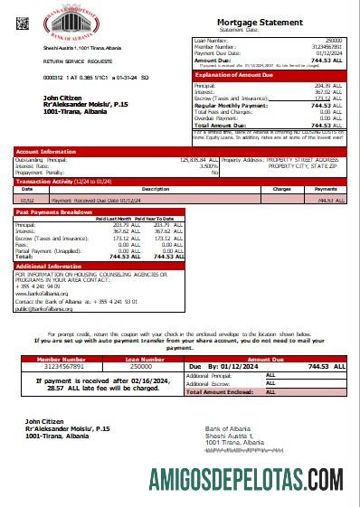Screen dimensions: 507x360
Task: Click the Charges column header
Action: (x=282, y=190)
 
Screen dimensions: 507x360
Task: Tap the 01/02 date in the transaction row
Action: (x=27, y=200)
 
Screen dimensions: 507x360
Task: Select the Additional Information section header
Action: (x=49, y=267)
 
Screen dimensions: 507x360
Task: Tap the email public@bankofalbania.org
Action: (x=43, y=308)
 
